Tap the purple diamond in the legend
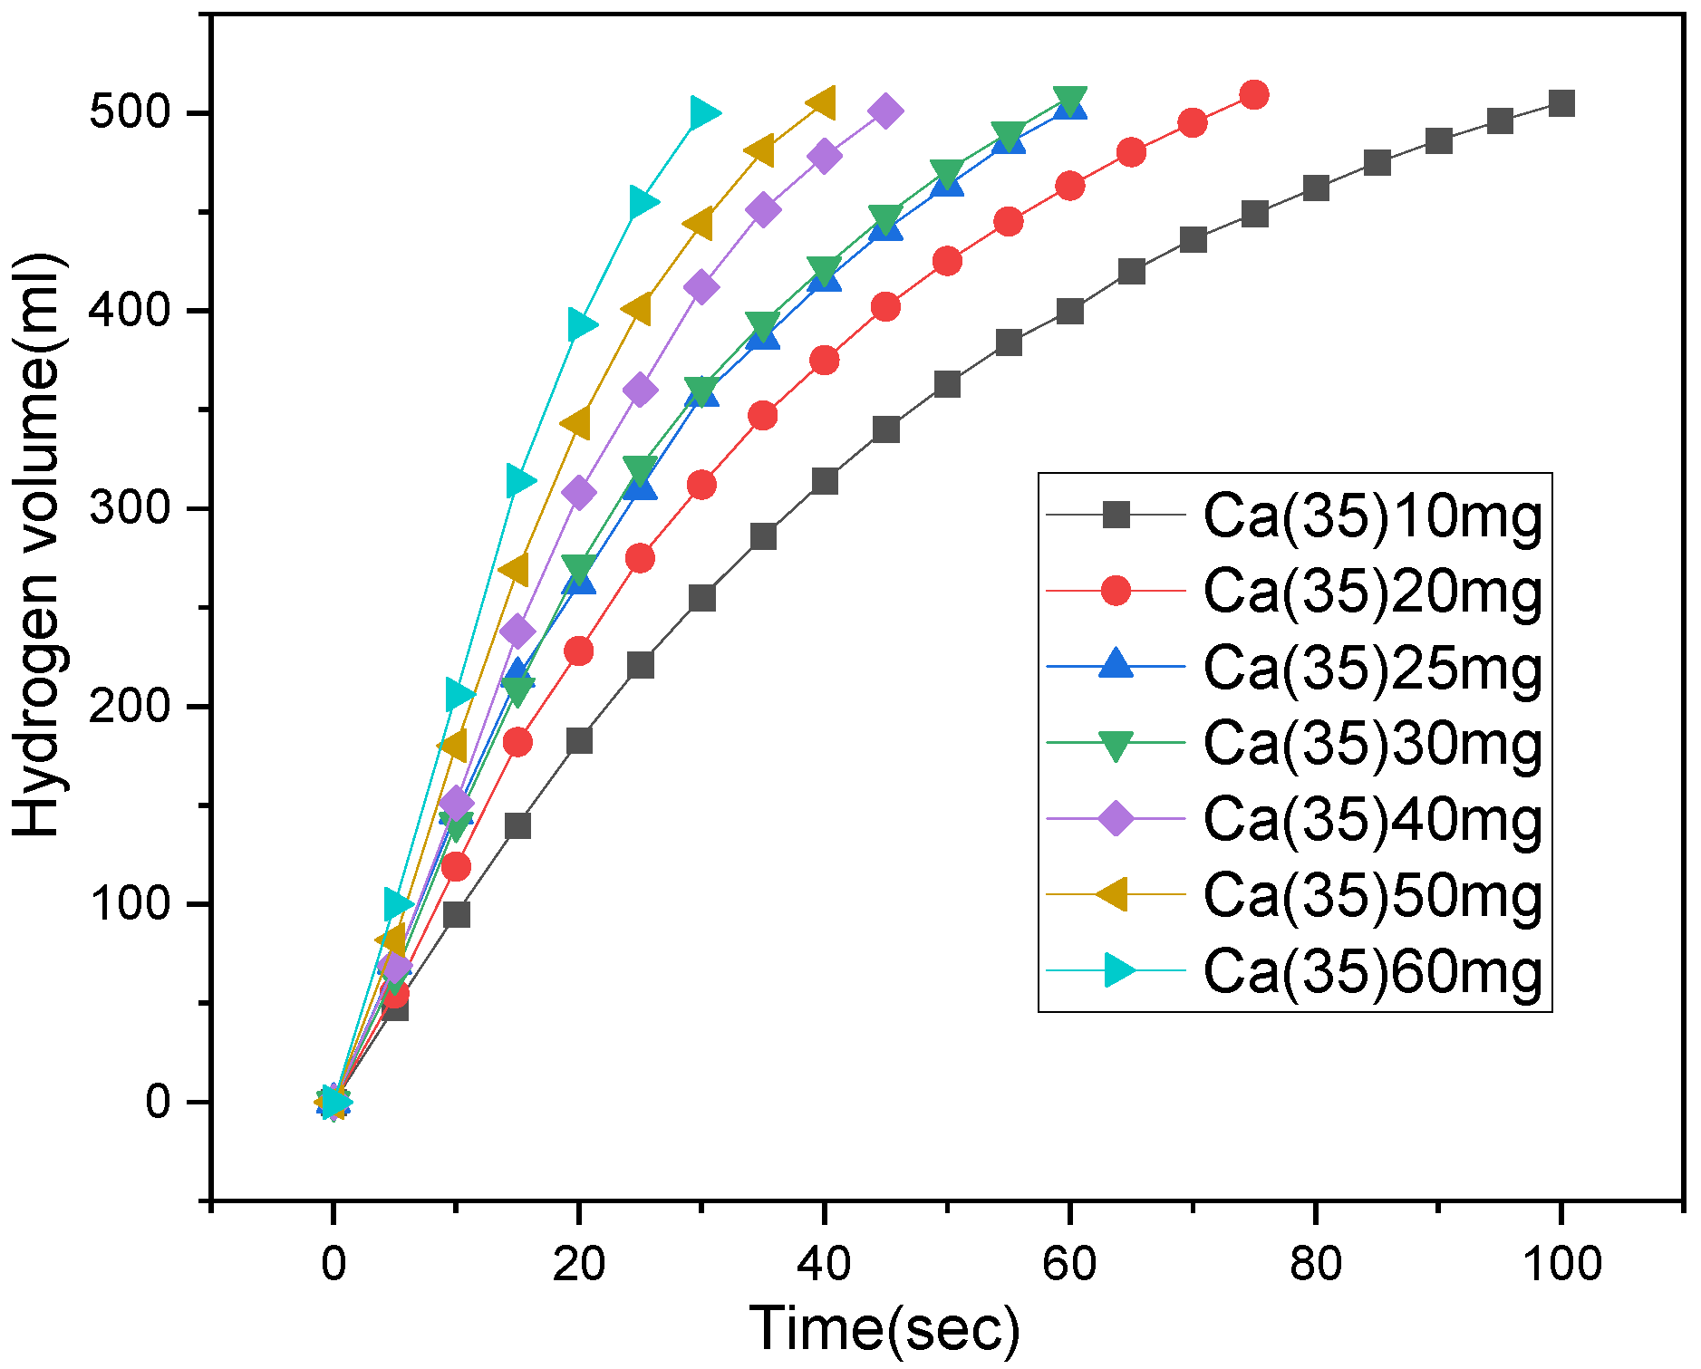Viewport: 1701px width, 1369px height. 1116,819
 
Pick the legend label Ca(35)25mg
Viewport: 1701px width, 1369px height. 1371,668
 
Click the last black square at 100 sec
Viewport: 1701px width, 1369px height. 1561,103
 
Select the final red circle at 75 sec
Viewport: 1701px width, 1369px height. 1254,94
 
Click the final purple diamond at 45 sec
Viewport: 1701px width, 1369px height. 885,111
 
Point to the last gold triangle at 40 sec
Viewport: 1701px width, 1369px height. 822,103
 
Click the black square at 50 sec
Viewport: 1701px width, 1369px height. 947,384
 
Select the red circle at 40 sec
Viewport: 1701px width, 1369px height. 824,361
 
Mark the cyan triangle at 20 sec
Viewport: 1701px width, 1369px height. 581,324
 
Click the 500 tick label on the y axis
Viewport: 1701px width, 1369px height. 130,112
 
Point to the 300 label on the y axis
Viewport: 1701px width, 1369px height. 130,508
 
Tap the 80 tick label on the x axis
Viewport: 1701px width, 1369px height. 1315,1263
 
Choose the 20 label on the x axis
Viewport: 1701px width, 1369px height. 579,1263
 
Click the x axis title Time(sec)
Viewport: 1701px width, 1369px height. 884,1328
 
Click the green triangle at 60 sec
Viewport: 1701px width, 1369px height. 1070,100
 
